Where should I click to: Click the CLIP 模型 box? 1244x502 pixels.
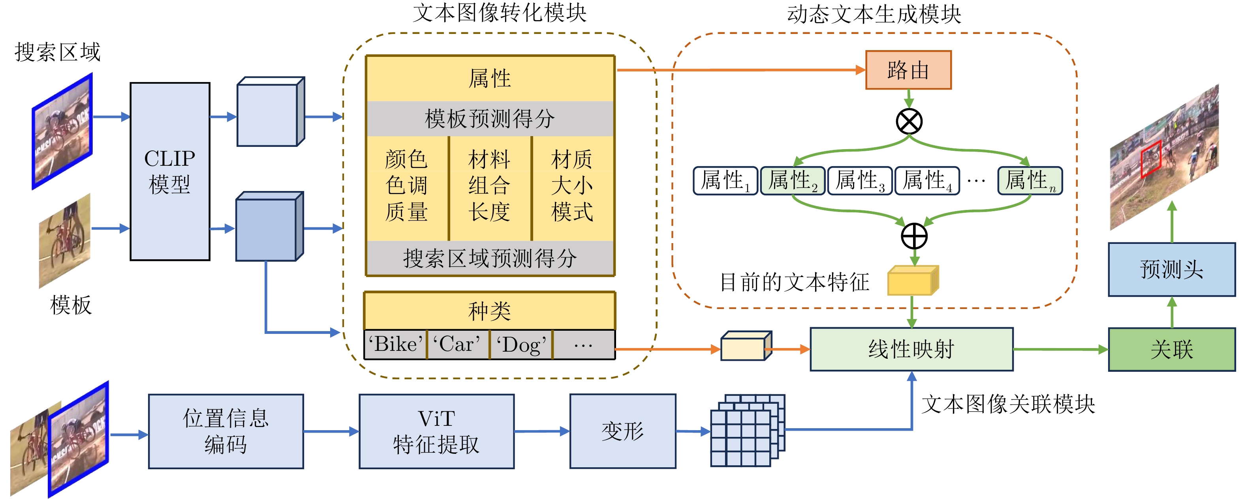[x=169, y=171]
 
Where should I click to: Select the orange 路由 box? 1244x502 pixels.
[x=908, y=70]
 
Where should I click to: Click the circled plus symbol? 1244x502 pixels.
[x=914, y=236]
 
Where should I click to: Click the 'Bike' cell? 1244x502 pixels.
[x=395, y=345]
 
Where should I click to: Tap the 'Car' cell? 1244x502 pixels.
[x=458, y=345]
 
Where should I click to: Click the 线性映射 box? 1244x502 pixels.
[x=911, y=349]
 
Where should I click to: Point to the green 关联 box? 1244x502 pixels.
[x=1172, y=349]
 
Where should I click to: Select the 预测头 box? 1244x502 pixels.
[x=1172, y=269]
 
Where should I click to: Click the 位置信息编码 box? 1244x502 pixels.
[x=225, y=431]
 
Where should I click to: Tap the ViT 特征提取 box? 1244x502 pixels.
[x=436, y=431]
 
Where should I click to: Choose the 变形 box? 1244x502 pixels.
[x=622, y=431]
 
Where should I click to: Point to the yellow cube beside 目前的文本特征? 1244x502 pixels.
[x=913, y=281]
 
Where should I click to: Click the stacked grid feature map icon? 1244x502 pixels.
[x=748, y=430]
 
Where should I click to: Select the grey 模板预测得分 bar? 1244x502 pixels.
[x=490, y=119]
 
